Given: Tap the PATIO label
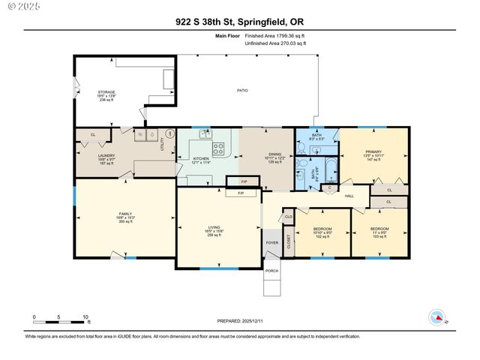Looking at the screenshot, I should coord(242,91).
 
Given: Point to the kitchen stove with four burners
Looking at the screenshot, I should coord(218,148).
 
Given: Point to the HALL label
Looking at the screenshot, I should coord(349,196).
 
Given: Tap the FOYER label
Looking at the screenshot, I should coord(271,242).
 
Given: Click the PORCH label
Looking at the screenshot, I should coord(271,271).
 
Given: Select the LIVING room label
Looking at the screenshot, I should coord(217,230).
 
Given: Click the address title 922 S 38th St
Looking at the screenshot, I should coord(239,21).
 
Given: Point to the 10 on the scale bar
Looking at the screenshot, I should coord(86,317).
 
